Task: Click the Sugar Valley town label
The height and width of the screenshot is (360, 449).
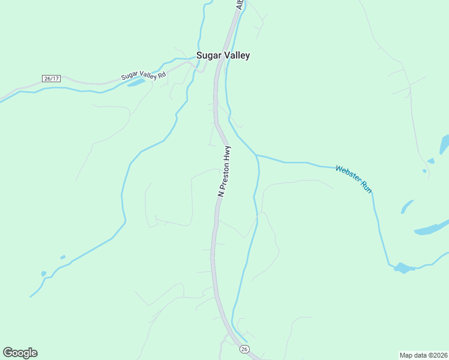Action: pyautogui.click(x=223, y=55)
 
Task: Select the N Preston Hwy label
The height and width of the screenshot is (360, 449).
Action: pyautogui.click(x=224, y=171)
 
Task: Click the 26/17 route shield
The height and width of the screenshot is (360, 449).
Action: pyautogui.click(x=52, y=79)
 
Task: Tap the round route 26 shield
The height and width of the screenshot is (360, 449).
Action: pyautogui.click(x=244, y=349)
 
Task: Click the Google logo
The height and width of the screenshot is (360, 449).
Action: pyautogui.click(x=20, y=353)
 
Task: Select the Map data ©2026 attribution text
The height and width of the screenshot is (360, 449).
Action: pyautogui.click(x=423, y=354)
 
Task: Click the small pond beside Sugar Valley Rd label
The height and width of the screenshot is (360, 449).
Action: pyautogui.click(x=136, y=82)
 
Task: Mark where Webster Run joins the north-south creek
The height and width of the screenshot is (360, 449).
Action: pyautogui.click(x=256, y=155)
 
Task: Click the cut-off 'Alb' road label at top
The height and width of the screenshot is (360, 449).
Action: pyautogui.click(x=240, y=5)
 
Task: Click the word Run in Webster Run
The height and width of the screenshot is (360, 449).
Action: pyautogui.click(x=366, y=186)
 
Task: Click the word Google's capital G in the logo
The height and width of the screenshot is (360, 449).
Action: pyautogui.click(x=8, y=352)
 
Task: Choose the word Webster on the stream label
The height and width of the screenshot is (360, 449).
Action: pyautogui.click(x=348, y=175)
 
